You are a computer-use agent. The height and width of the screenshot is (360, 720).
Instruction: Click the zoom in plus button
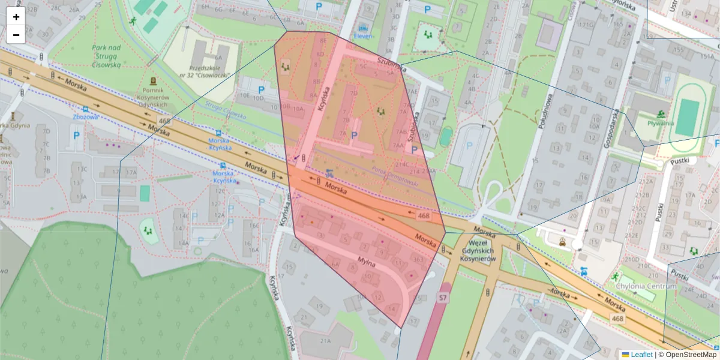click(x=16, y=17)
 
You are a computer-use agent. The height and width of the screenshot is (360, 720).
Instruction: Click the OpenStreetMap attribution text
click(x=691, y=355)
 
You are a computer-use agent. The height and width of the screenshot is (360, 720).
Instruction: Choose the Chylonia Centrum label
click(x=646, y=286)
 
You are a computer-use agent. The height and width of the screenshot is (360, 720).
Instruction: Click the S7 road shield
click(x=443, y=298)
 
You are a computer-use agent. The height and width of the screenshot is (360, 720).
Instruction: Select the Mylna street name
click(x=367, y=262)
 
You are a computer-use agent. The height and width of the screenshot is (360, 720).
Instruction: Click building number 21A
click(x=326, y=341)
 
